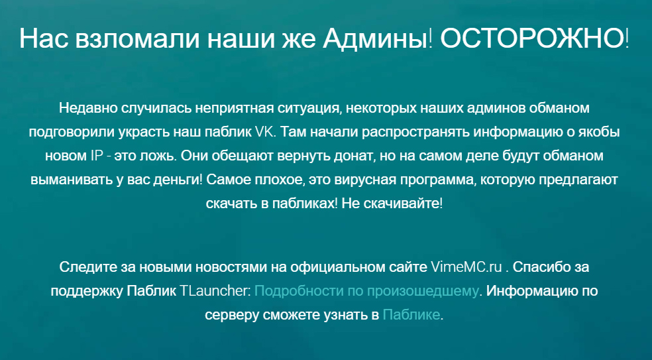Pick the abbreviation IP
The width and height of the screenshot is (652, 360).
(x=94, y=156)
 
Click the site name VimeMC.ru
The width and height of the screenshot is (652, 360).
(x=466, y=267)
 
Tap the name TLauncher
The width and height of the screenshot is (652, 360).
(x=215, y=291)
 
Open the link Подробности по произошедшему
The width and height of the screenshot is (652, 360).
(x=366, y=291)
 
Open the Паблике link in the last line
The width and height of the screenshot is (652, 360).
(x=411, y=315)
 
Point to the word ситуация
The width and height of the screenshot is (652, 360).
(x=307, y=108)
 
